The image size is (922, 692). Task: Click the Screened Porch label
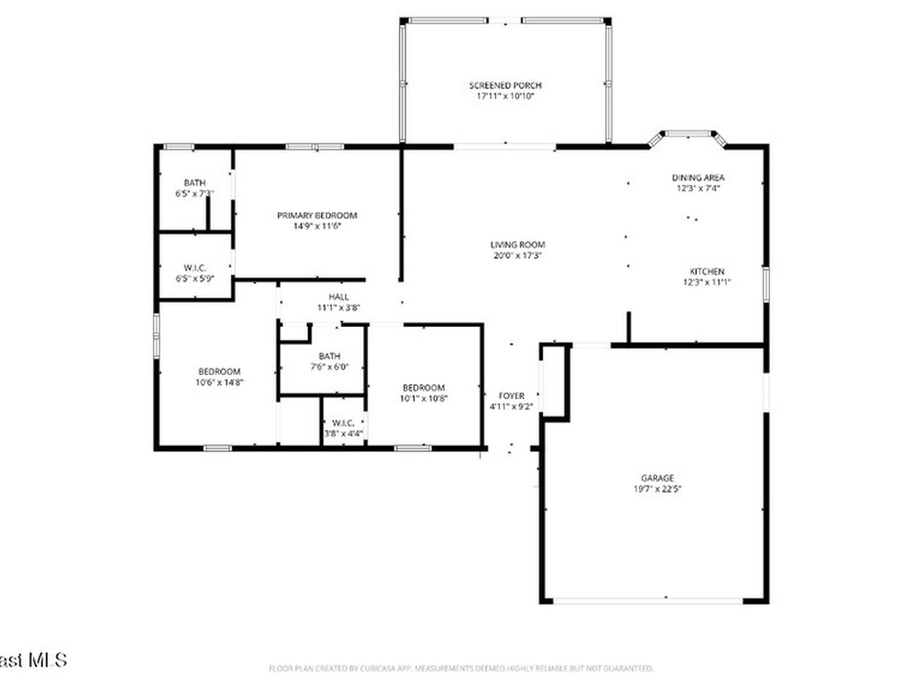pyautogui.click(x=505, y=86)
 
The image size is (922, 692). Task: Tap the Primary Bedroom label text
pyautogui.click(x=316, y=215)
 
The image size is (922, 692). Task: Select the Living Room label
pyautogui.click(x=518, y=244)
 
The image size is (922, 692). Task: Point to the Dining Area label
pyautogui.click(x=698, y=178)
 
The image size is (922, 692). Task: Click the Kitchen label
pyautogui.click(x=707, y=271)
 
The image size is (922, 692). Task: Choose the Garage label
pyautogui.click(x=657, y=478)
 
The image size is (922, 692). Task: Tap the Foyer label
pyautogui.click(x=511, y=396)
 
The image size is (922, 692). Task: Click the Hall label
pyautogui.click(x=339, y=296)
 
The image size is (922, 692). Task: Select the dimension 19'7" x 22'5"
pyautogui.click(x=657, y=489)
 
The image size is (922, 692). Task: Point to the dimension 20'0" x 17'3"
pyautogui.click(x=518, y=255)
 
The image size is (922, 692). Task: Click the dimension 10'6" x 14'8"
pyautogui.click(x=220, y=382)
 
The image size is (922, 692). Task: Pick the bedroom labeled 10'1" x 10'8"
pyautogui.click(x=423, y=393)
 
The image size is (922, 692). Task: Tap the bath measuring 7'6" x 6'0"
pyautogui.click(x=329, y=360)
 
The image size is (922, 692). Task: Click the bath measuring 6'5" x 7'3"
pyautogui.click(x=194, y=187)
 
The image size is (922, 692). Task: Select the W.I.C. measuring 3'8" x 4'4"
pyautogui.click(x=343, y=428)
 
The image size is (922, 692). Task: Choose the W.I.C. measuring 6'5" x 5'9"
pyautogui.click(x=194, y=273)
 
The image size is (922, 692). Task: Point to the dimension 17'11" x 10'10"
pyautogui.click(x=505, y=96)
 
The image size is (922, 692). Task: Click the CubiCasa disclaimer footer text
pyautogui.click(x=461, y=669)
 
